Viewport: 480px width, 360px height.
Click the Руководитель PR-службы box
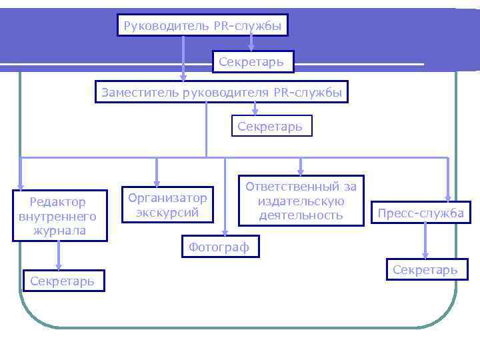203,26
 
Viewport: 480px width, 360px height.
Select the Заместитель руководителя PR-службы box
223,92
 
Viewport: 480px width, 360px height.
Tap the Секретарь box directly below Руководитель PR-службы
253,62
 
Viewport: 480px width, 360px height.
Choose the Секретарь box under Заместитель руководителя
271,125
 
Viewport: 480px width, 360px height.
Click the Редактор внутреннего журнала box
59,216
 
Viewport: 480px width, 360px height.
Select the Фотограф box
219,247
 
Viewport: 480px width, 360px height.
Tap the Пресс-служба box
421,213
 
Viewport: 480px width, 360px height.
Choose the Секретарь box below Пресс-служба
425,269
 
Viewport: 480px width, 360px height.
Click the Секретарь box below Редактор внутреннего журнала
63,281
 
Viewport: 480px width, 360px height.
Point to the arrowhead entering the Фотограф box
225,233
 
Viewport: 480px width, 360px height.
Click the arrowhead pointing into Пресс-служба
448,197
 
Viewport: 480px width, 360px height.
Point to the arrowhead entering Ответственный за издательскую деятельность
301,171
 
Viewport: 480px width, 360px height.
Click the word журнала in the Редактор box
59,231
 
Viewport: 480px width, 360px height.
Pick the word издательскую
301,201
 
